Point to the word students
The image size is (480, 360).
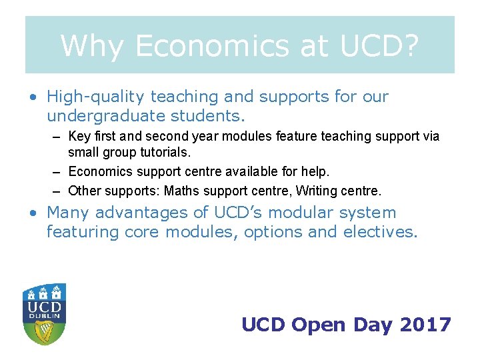209,116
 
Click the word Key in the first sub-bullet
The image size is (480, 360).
79,136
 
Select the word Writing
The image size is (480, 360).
317,191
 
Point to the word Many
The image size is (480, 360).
68,213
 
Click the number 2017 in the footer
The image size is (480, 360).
425,325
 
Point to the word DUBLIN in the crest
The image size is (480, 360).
44,315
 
